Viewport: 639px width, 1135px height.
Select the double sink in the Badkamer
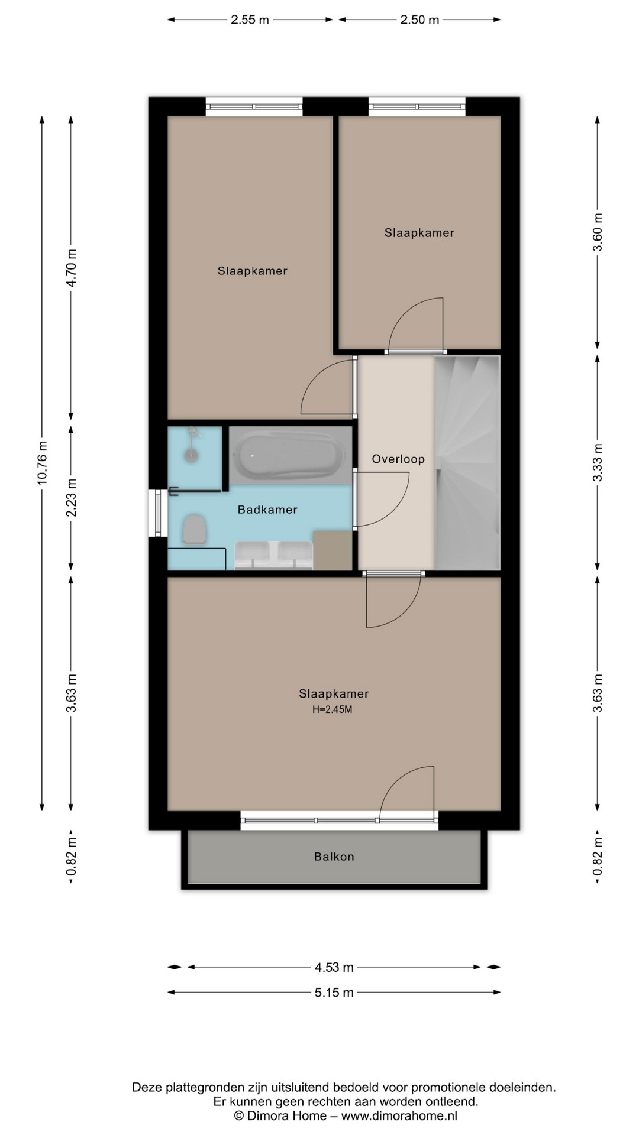click(274, 555)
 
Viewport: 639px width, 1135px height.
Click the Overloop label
click(398, 459)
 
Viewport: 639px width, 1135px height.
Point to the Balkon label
click(334, 857)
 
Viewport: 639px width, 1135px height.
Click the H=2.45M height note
click(333, 709)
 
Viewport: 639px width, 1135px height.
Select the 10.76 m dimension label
click(42, 463)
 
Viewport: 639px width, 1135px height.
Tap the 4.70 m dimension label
click(71, 268)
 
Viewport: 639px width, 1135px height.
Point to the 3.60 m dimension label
click(598, 232)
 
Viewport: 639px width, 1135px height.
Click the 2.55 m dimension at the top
click(250, 20)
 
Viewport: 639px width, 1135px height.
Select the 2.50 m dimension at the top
click(420, 20)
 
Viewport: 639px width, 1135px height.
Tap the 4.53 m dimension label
click(334, 968)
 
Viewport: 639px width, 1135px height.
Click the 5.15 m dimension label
click(334, 993)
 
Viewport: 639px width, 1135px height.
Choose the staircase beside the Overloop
click(467, 463)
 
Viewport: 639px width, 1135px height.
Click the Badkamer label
click(267, 510)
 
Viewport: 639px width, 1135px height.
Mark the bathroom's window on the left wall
click(158, 513)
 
